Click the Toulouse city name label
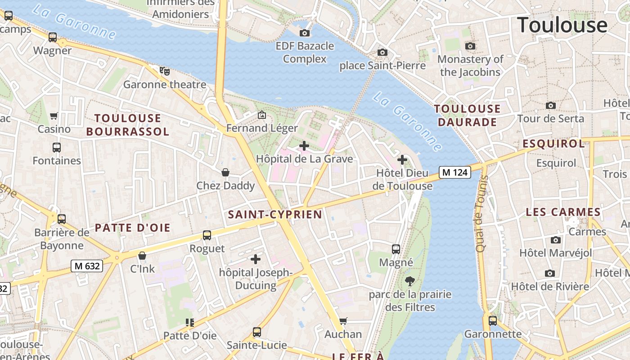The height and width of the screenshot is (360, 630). pyautogui.click(x=562, y=25)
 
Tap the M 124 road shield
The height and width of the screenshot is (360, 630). pyautogui.click(x=455, y=172)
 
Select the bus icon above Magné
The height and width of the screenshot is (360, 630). pyautogui.click(x=396, y=249)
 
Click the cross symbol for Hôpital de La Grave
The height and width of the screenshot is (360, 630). pyautogui.click(x=304, y=146)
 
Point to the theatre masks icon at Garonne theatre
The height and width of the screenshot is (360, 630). pyautogui.click(x=165, y=71)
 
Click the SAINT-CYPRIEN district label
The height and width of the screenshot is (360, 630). pyautogui.click(x=275, y=215)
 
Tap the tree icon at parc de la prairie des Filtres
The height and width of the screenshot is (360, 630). pyautogui.click(x=409, y=282)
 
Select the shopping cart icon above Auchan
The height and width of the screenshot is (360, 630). pyautogui.click(x=343, y=321)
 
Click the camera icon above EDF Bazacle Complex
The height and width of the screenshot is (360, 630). pyautogui.click(x=305, y=33)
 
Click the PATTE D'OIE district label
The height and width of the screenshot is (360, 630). pyautogui.click(x=133, y=228)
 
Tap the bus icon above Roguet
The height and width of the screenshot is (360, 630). pyautogui.click(x=207, y=235)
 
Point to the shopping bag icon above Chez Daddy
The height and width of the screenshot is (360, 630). pyautogui.click(x=225, y=172)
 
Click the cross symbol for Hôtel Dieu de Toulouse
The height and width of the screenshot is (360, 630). pyautogui.click(x=402, y=160)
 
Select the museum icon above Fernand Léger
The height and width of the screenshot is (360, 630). pyautogui.click(x=261, y=115)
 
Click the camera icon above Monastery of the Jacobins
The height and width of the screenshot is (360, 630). pyautogui.click(x=470, y=46)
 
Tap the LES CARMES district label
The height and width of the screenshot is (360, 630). pyautogui.click(x=563, y=212)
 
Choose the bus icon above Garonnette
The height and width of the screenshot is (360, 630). pyautogui.click(x=493, y=321)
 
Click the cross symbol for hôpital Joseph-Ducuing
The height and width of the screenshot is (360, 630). pyautogui.click(x=256, y=259)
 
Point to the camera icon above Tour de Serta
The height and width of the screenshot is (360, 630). pyautogui.click(x=550, y=105)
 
